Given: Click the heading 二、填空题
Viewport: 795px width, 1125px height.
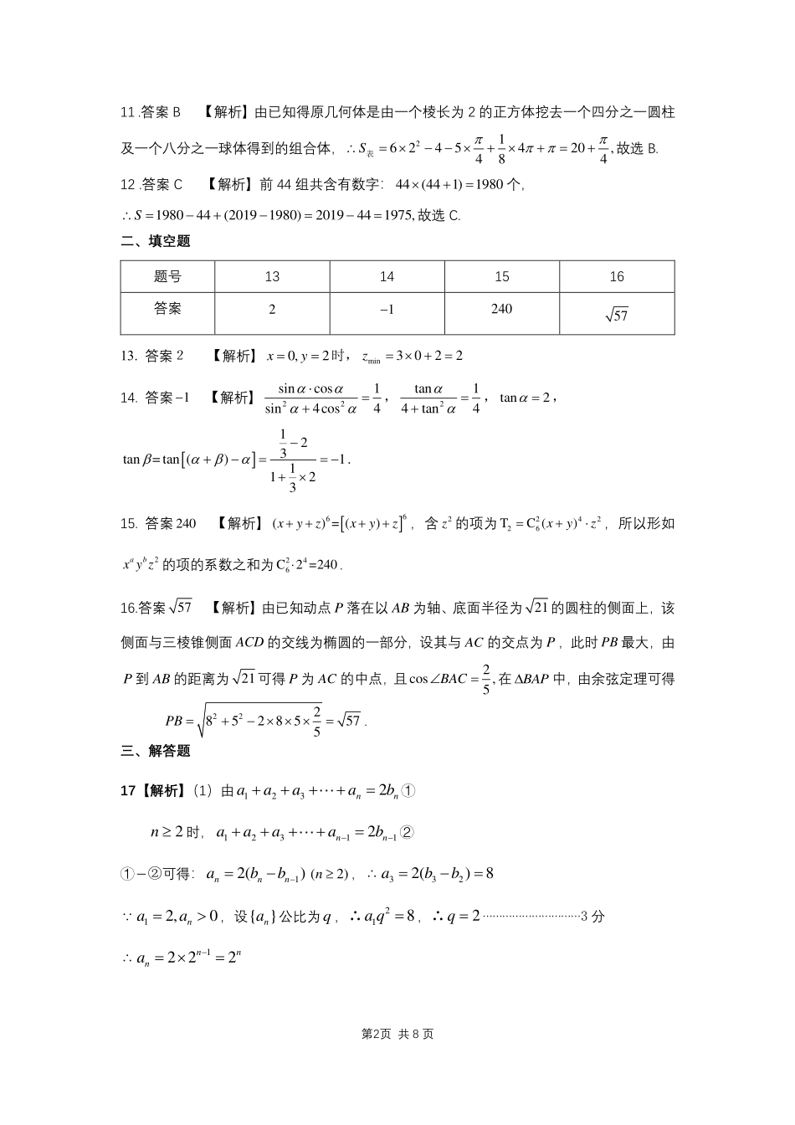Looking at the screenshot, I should click(156, 242).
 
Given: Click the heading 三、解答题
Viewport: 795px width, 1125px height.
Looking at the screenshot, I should click(156, 751).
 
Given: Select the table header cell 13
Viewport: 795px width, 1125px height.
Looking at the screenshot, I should click(272, 277).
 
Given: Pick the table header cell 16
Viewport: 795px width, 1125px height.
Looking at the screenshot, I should click(617, 277).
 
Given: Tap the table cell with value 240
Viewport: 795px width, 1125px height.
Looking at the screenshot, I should click(501, 309).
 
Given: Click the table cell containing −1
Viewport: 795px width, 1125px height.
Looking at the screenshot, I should click(387, 310).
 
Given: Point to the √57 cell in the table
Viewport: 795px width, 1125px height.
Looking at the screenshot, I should click(616, 315).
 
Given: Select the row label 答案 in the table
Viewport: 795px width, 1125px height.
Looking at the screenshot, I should click(167, 309).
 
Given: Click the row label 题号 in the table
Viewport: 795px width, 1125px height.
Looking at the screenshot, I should click(167, 277).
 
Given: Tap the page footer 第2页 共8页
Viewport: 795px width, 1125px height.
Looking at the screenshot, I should click(397, 1034).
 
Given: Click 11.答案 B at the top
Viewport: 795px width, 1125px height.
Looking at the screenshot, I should click(151, 112).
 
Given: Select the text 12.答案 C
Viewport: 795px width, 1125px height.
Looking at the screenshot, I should click(151, 184).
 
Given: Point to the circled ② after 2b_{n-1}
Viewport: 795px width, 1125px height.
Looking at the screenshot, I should click(408, 833).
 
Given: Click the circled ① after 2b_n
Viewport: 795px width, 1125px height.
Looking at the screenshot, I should click(408, 791).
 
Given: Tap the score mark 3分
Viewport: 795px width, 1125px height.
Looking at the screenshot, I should click(592, 916).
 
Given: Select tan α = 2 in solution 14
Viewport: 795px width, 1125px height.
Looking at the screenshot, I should click(525, 398).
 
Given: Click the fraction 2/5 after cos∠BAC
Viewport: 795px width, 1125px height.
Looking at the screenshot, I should click(485, 679).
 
